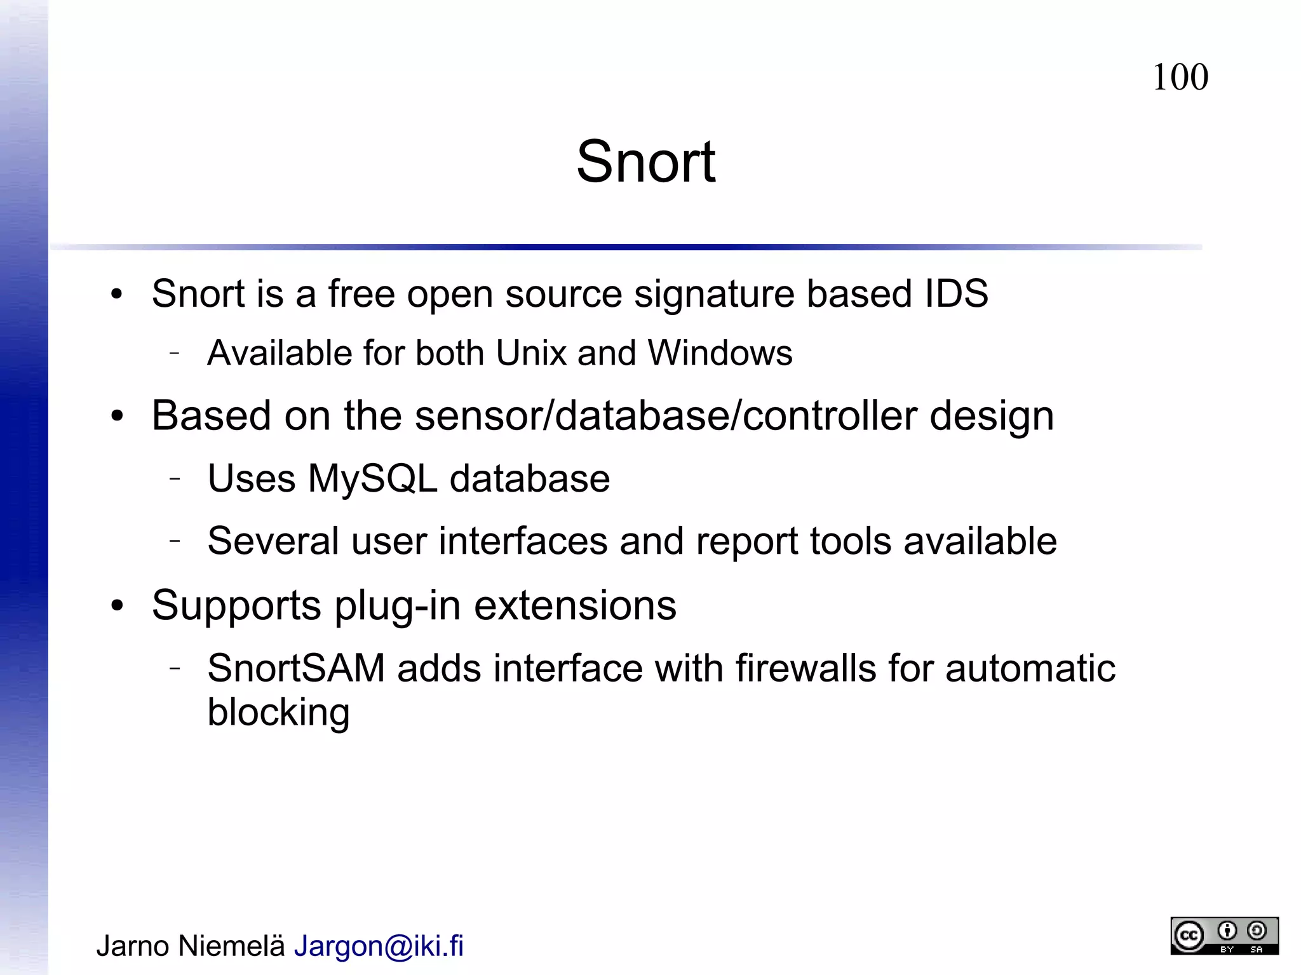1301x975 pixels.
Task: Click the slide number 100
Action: click(1180, 77)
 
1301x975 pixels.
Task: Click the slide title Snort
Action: click(645, 162)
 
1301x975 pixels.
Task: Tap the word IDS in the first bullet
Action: click(956, 293)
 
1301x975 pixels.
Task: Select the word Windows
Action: click(720, 353)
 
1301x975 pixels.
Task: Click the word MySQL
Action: click(373, 478)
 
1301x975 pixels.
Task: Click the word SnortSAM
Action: click(296, 668)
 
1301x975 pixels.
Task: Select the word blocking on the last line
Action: click(278, 713)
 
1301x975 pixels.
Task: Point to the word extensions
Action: click(575, 605)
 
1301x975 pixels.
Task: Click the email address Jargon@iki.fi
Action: click(379, 946)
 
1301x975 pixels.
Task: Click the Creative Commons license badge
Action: click(1223, 936)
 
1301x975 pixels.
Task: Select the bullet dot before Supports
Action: click(116, 606)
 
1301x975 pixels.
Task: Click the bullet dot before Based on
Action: click(116, 417)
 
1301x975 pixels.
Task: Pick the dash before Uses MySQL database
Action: click(175, 478)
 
